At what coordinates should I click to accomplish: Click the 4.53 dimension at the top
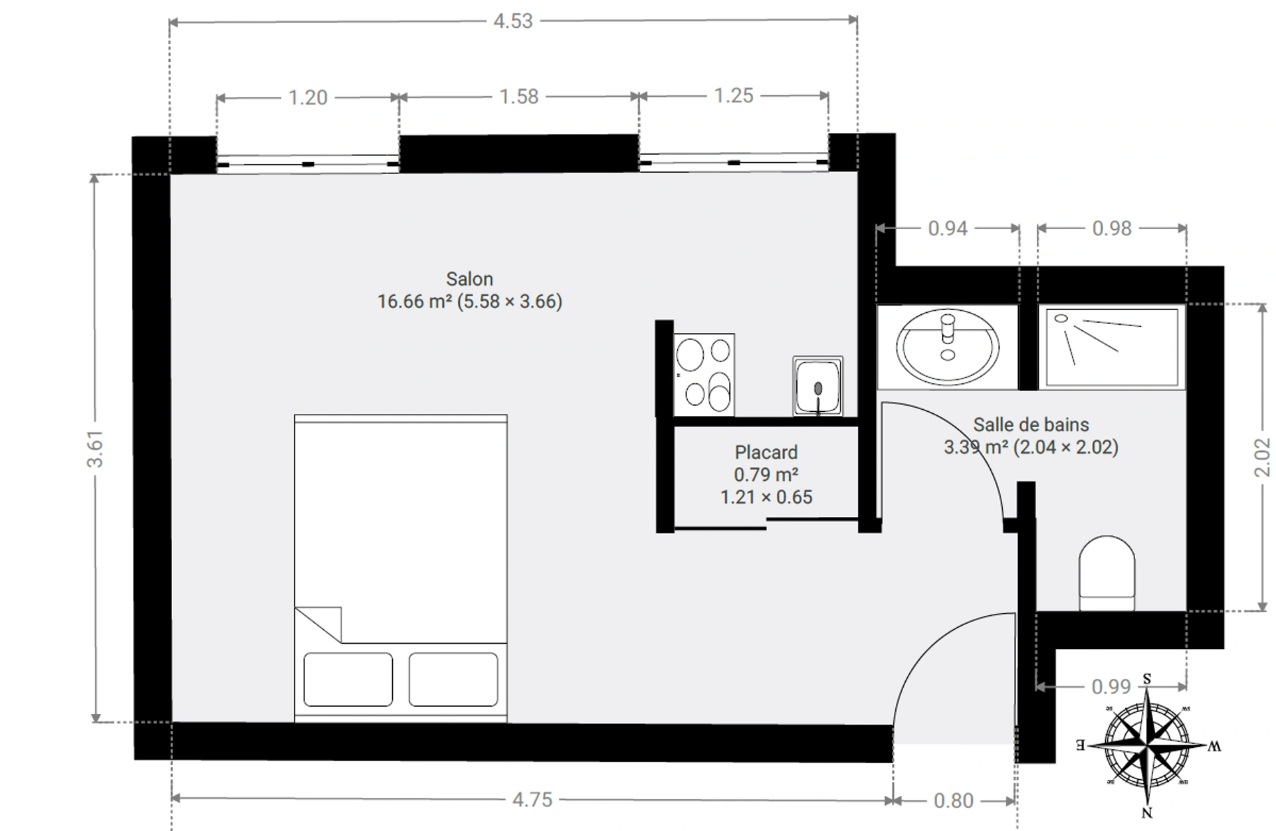click(513, 21)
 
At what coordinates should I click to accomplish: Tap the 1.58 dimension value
click(519, 97)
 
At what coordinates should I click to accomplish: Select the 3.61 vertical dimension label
click(95, 448)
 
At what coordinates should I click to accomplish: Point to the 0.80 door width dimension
click(954, 800)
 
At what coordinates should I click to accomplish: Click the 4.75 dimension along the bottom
click(532, 799)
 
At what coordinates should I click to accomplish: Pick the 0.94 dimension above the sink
click(948, 229)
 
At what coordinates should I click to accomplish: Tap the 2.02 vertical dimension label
click(1262, 457)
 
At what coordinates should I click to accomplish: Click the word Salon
click(469, 279)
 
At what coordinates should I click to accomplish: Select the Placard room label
click(766, 452)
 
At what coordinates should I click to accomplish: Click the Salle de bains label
click(1031, 424)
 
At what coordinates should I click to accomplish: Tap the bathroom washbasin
click(947, 346)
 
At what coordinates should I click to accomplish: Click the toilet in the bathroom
click(1107, 573)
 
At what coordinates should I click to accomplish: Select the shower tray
click(1112, 346)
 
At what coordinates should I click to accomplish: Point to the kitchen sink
click(817, 387)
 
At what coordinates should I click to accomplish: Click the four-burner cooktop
click(704, 375)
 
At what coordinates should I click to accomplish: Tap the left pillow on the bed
click(348, 679)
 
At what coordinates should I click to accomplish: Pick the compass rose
click(1148, 745)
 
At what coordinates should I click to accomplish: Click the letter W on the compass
click(1214, 747)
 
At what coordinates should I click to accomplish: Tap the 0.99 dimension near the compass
click(1111, 687)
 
